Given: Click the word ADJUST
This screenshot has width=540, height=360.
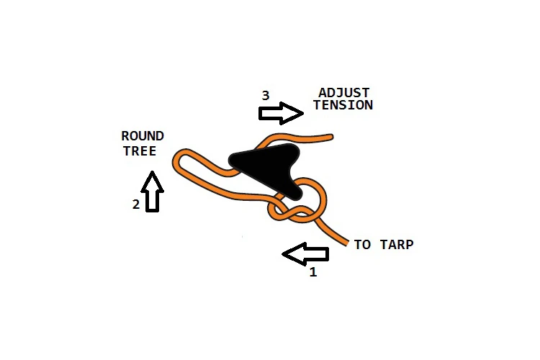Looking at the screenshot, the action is (343, 93).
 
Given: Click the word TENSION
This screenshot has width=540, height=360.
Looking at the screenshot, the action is (343, 105).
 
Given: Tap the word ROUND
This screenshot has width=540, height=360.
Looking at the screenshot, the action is (143, 136).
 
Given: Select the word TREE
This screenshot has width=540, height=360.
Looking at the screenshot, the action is (140, 151).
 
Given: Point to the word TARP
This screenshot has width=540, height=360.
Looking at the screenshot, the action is (397, 245).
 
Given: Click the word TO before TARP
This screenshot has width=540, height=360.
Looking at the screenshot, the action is (362, 245).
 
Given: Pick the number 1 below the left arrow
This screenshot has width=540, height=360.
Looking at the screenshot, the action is (313, 272).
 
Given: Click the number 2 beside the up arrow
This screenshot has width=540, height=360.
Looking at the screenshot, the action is (136, 204).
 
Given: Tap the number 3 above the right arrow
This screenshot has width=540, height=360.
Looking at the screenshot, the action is (265, 96).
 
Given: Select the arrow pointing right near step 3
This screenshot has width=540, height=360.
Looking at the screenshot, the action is (281, 113).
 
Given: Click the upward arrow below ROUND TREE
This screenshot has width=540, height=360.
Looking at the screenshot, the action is (152, 192).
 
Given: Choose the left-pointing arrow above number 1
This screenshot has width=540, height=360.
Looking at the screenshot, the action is (305, 254).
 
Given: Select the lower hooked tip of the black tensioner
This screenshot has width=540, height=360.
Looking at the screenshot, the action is (297, 197).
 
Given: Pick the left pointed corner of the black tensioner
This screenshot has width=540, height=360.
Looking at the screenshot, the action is (231, 159).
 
